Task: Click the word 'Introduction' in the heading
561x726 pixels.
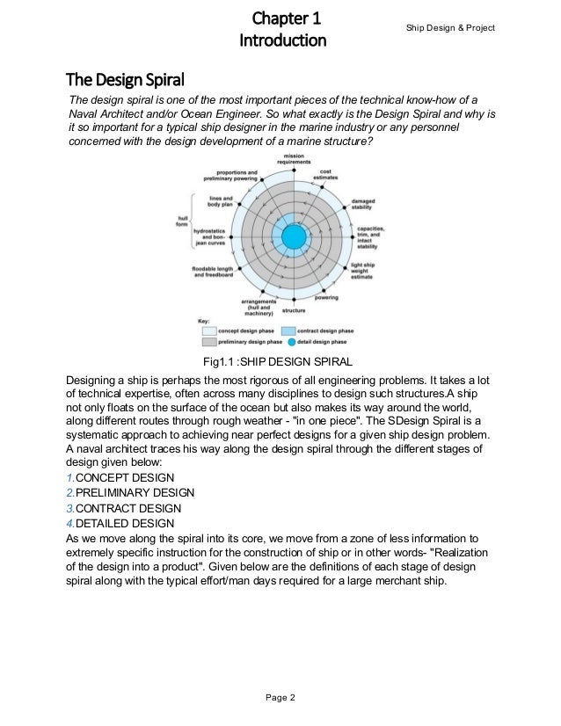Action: [282, 41]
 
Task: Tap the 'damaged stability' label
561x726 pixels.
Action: [363, 204]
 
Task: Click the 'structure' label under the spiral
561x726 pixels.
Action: [294, 311]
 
